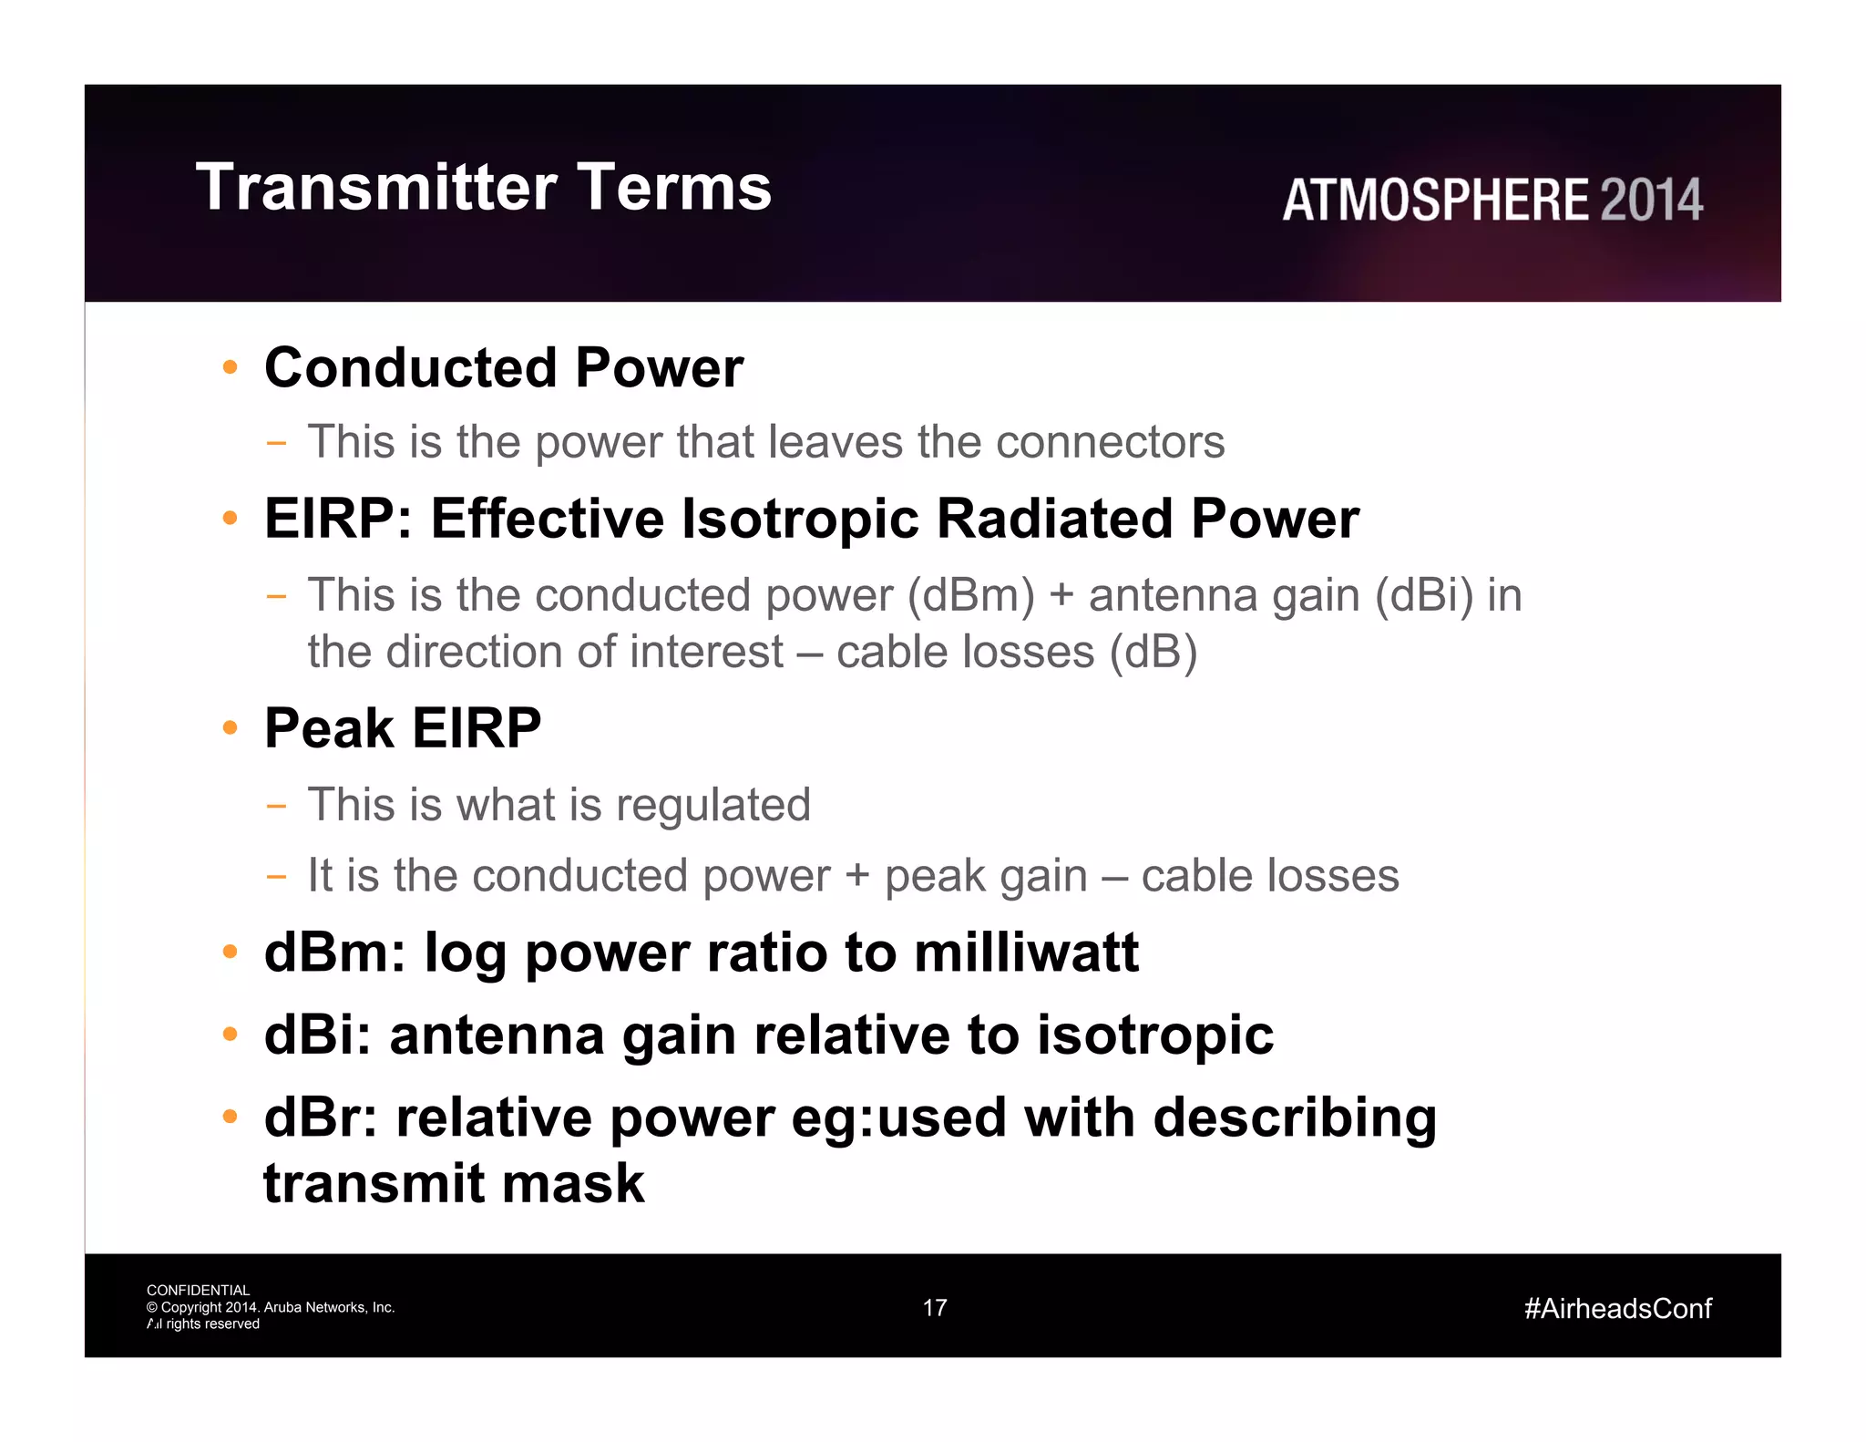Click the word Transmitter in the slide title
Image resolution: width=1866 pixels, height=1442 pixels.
[x=375, y=188]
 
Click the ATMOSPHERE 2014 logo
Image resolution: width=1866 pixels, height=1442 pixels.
[x=1492, y=201]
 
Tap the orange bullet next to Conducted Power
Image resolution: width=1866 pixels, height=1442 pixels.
[x=231, y=368]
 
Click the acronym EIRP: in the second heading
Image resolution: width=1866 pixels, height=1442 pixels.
[x=338, y=520]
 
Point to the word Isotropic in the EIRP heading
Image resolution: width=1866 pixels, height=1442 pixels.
[x=800, y=520]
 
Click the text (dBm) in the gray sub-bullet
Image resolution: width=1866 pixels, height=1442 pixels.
[x=970, y=596]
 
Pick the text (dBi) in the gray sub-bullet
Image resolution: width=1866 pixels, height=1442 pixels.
[x=1423, y=596]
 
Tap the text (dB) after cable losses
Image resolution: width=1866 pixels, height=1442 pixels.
[x=1153, y=653]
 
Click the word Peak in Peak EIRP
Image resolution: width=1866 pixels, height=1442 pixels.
[x=329, y=728]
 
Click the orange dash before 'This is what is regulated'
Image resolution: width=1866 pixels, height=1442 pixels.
[x=276, y=806]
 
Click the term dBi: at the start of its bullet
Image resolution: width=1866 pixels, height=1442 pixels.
[x=317, y=1035]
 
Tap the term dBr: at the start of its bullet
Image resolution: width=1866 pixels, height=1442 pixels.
[x=320, y=1118]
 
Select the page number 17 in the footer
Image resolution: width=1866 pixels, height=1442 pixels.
[x=935, y=1308]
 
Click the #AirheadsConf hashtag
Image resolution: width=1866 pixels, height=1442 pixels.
[x=1617, y=1309]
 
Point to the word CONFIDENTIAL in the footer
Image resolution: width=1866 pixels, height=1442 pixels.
[x=198, y=1291]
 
